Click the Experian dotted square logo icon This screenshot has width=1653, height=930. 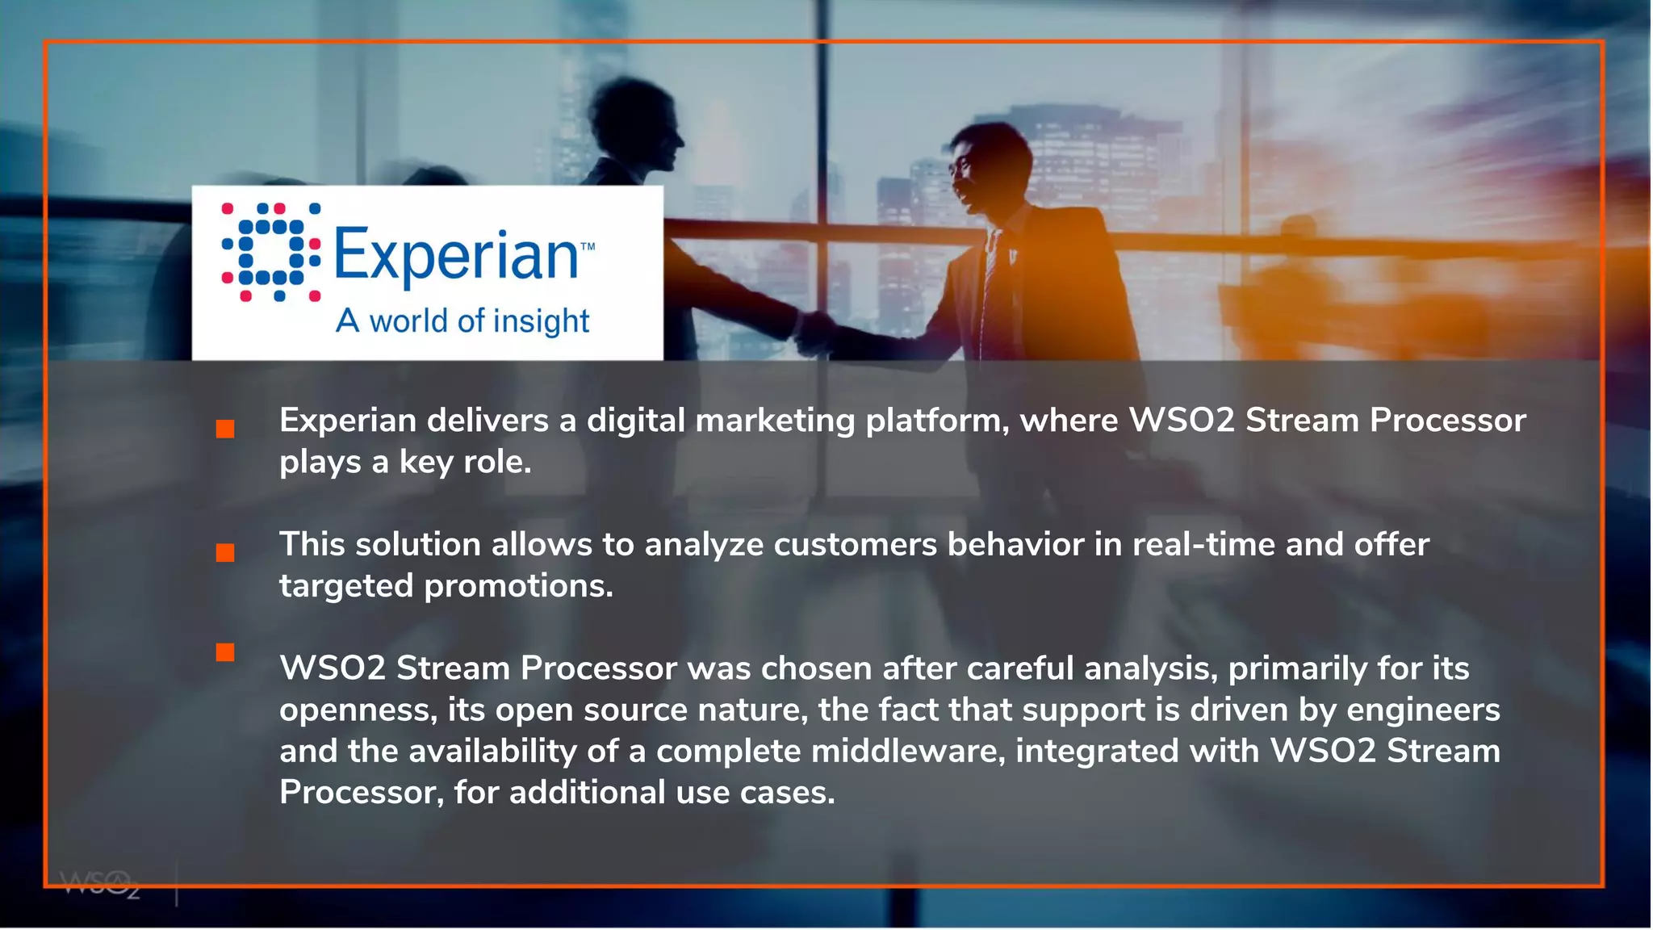pyautogui.click(x=271, y=253)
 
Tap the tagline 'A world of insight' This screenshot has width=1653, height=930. pyautogui.click(x=462, y=321)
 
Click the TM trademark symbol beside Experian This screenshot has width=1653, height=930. pyautogui.click(x=588, y=247)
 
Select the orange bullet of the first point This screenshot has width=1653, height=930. pyautogui.click(x=225, y=429)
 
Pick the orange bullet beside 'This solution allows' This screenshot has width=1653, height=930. pyautogui.click(x=225, y=553)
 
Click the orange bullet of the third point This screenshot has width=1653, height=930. pyautogui.click(x=225, y=652)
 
